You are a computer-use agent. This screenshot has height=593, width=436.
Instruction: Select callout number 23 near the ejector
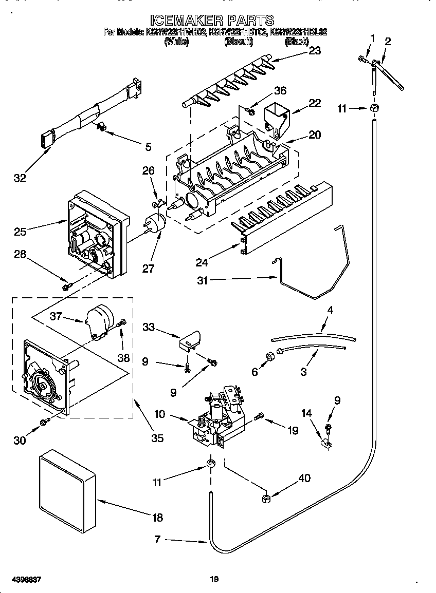click(x=314, y=50)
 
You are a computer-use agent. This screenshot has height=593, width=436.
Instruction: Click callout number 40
click(x=304, y=479)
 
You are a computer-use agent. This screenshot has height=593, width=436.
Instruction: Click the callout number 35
click(x=157, y=438)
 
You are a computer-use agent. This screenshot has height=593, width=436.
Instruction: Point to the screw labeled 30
click(x=45, y=421)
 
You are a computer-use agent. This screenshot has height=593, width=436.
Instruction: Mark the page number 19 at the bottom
click(x=214, y=580)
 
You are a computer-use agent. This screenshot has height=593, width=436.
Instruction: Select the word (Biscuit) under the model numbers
click(x=238, y=43)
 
